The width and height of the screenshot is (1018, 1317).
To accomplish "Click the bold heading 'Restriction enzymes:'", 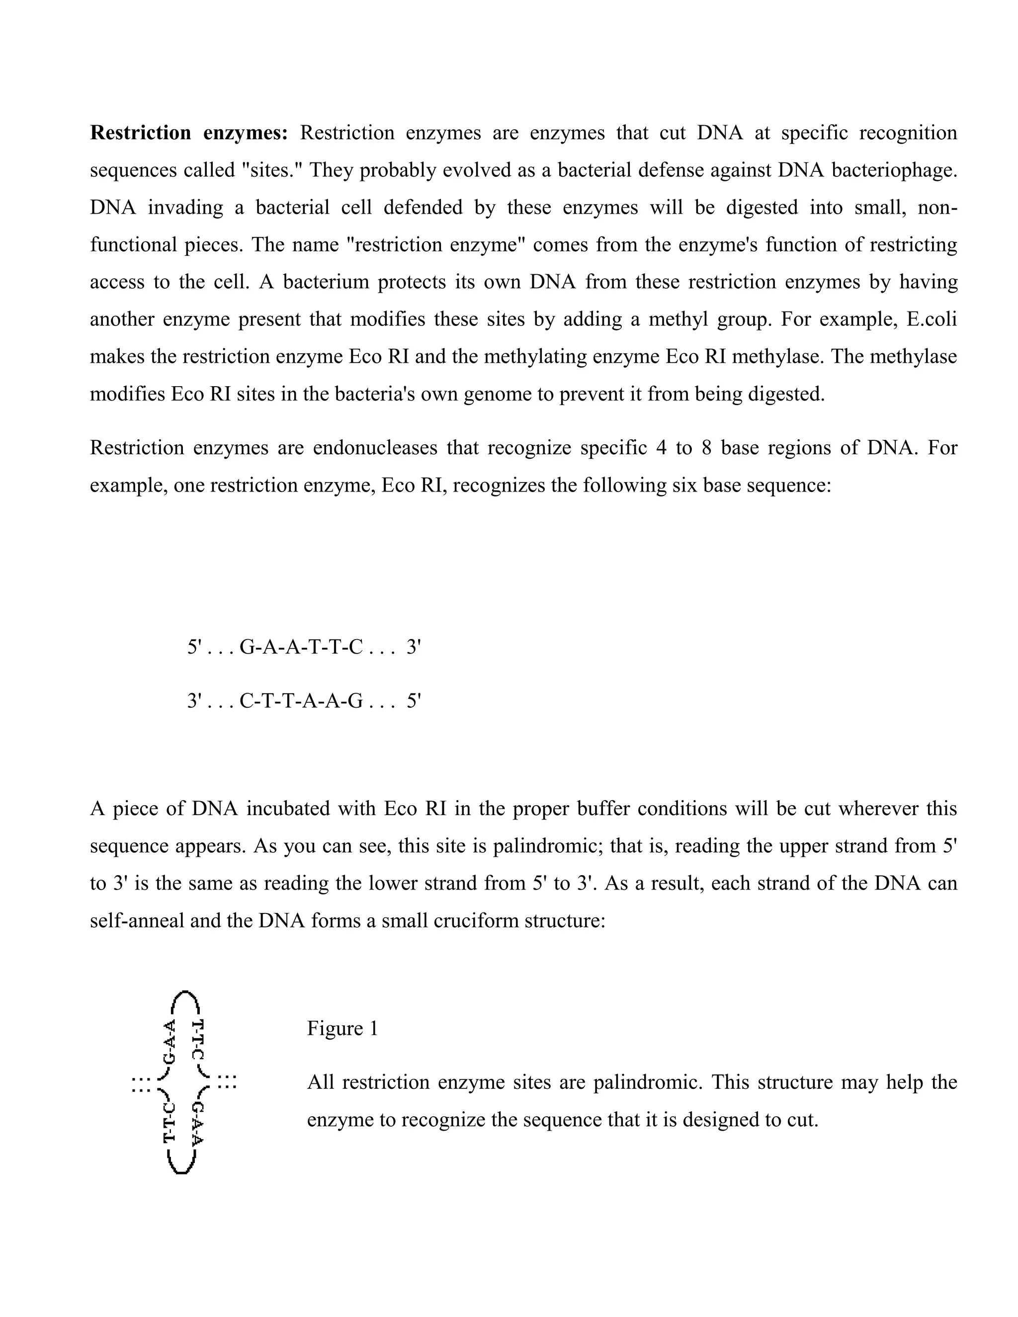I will point(189,133).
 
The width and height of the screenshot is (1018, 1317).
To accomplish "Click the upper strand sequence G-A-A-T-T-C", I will point(301,648).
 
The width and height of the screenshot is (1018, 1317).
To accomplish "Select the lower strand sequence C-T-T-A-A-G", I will point(301,701).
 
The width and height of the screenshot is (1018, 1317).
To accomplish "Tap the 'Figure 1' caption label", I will point(342,1028).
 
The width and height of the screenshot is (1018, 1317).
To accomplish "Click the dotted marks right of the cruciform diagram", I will point(227,1082).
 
